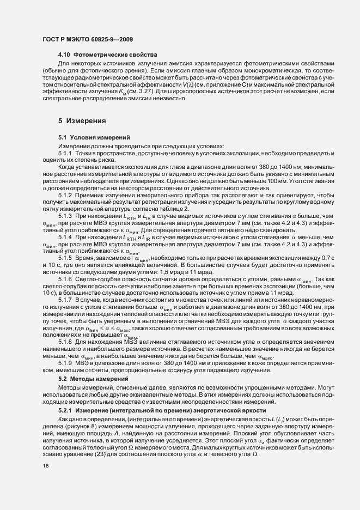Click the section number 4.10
(64, 56)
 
